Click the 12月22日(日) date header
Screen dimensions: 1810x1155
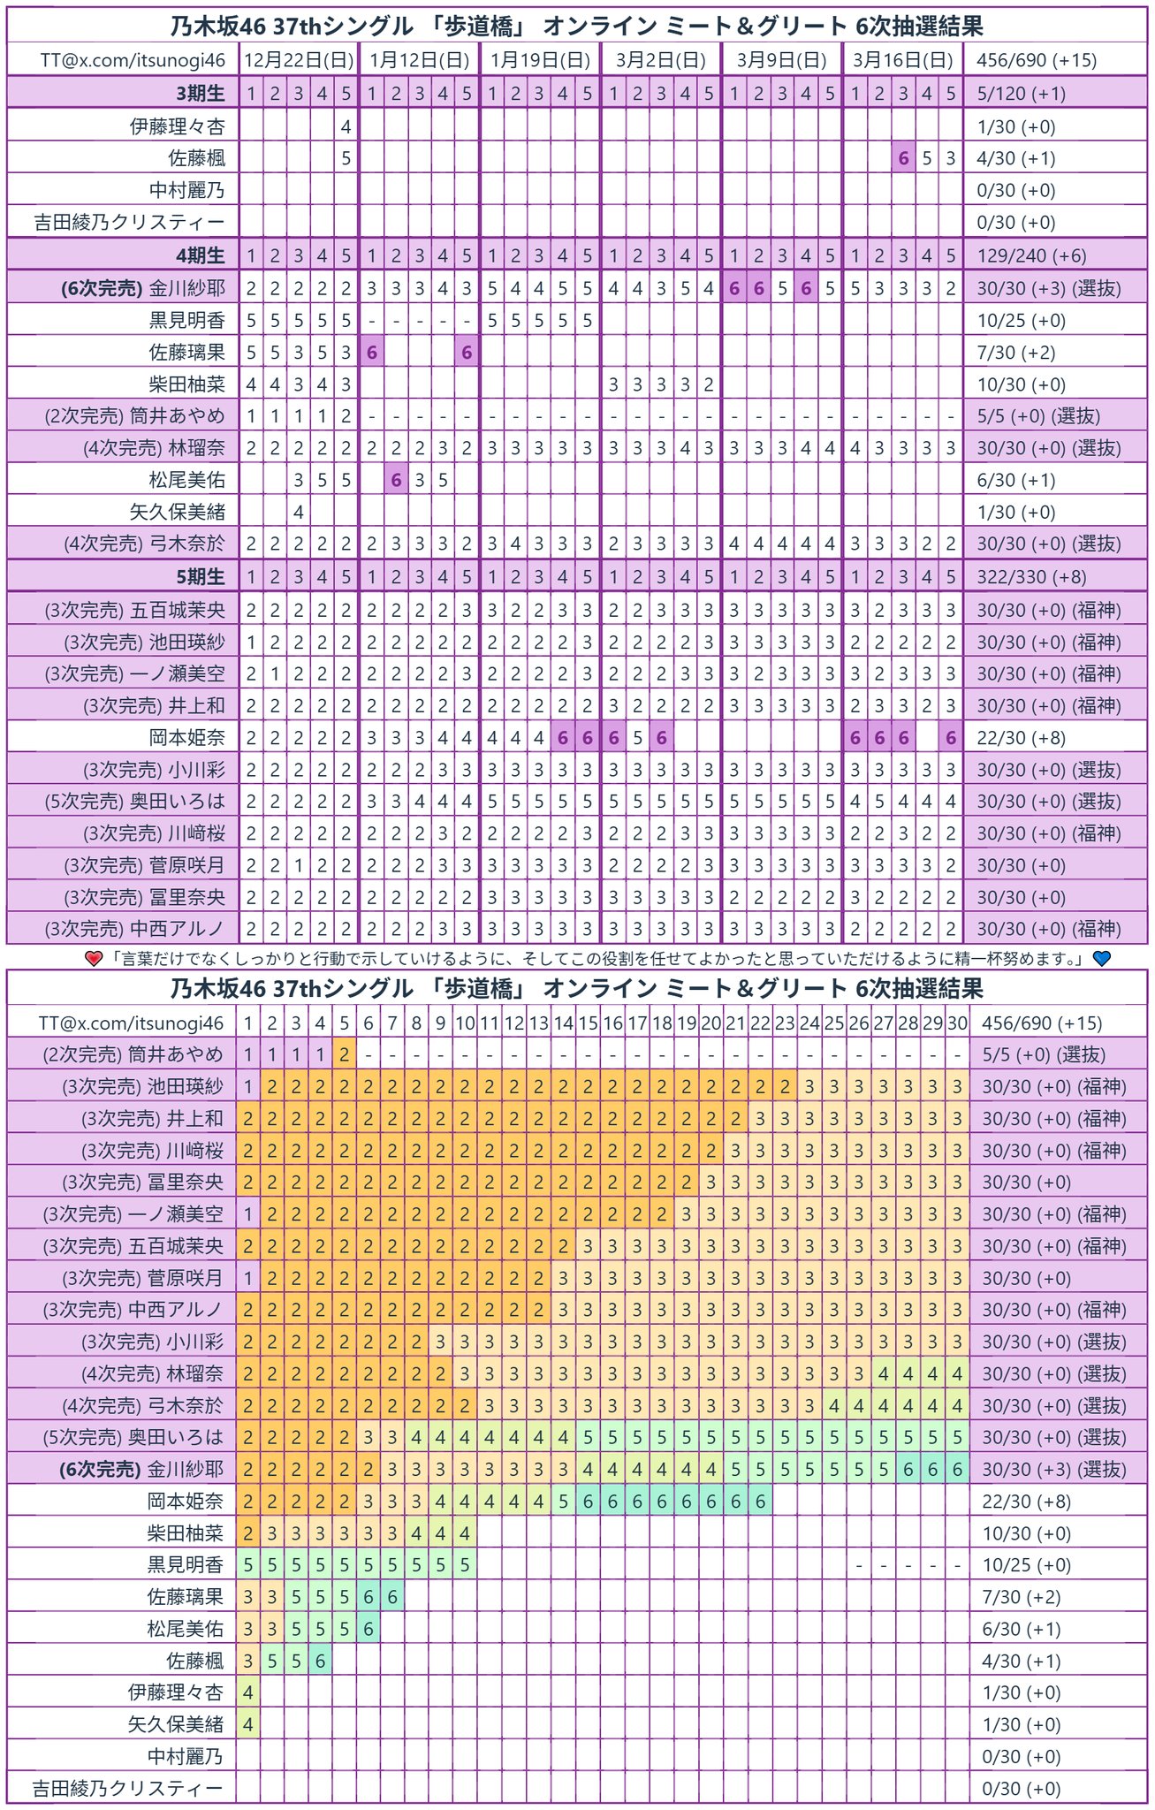299,60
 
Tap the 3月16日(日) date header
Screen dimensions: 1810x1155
903,60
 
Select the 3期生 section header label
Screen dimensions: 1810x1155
201,93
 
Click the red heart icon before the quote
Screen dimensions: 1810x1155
95,958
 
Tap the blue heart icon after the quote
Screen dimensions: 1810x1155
1101,958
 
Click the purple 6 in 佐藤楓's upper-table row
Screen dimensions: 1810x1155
903,158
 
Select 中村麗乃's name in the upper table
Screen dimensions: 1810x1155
186,190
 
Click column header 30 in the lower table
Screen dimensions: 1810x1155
957,1023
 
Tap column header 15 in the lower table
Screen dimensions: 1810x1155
588,1023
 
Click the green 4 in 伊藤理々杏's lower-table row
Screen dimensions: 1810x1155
248,1692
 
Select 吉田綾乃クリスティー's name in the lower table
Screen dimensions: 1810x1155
127,1788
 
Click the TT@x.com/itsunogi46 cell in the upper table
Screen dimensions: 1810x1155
133,60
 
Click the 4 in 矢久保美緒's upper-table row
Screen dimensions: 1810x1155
299,512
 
